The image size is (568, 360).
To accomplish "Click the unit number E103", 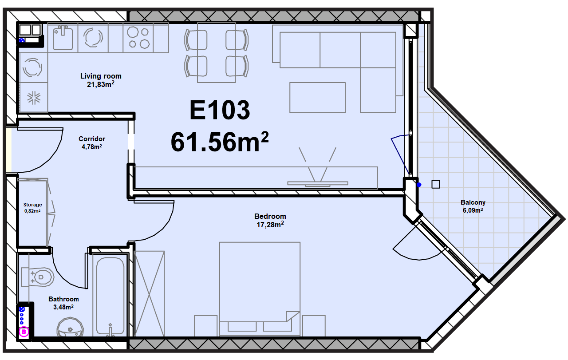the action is click(x=220, y=110).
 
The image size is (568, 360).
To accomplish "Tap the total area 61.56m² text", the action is click(x=220, y=142).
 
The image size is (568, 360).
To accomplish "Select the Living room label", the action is click(x=101, y=76).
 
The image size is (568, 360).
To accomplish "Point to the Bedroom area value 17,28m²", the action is click(x=270, y=225).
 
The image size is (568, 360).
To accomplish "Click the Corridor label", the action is click(x=92, y=139).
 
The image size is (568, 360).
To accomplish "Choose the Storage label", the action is click(x=33, y=205).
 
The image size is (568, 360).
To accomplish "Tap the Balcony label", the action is click(x=473, y=202).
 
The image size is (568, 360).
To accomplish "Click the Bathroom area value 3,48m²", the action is click(x=63, y=307).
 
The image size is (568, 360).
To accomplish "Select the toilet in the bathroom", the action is click(x=38, y=277).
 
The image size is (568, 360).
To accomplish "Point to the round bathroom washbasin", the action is click(x=70, y=327).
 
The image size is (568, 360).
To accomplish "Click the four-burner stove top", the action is click(x=138, y=38).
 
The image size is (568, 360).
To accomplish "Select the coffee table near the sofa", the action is click(x=317, y=98).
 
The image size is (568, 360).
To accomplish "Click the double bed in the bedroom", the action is click(x=260, y=289).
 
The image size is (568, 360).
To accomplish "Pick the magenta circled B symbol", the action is click(x=24, y=332).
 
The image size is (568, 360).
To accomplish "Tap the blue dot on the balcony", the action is click(x=419, y=185).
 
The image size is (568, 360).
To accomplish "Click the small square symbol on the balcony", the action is click(x=436, y=184).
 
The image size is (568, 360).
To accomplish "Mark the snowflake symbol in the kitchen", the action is click(x=34, y=98).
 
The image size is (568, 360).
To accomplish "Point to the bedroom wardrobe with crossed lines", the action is click(x=149, y=294).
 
